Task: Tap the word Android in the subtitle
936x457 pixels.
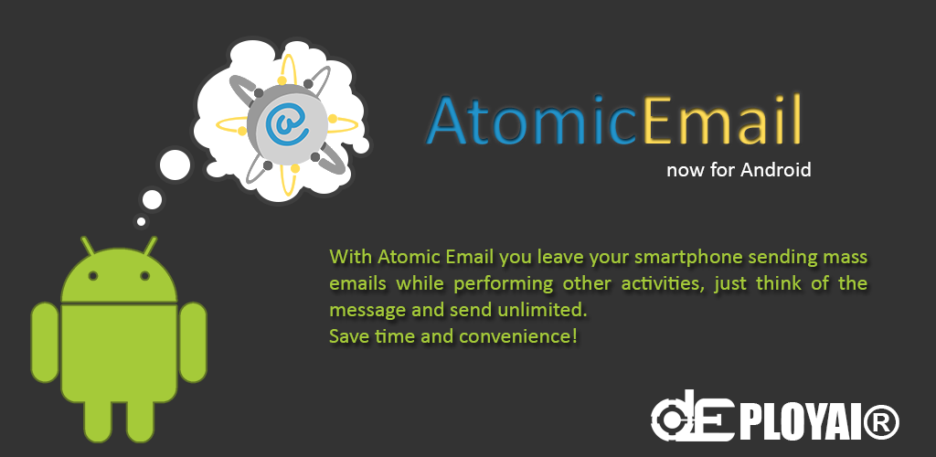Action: (775, 170)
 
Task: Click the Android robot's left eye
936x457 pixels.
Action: (92, 276)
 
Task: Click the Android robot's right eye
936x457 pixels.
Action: (144, 276)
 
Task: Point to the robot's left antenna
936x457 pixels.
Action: (89, 247)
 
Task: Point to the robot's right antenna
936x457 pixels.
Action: (149, 247)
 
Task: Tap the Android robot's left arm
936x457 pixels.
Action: (45, 343)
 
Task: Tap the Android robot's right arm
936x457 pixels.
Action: (193, 343)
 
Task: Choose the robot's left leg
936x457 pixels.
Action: (97, 420)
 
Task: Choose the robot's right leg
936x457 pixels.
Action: (141, 420)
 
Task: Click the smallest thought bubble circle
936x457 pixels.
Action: (141, 221)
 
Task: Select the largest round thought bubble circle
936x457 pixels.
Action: (175, 165)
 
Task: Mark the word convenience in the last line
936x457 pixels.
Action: (517, 336)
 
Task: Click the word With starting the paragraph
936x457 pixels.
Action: (351, 257)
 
